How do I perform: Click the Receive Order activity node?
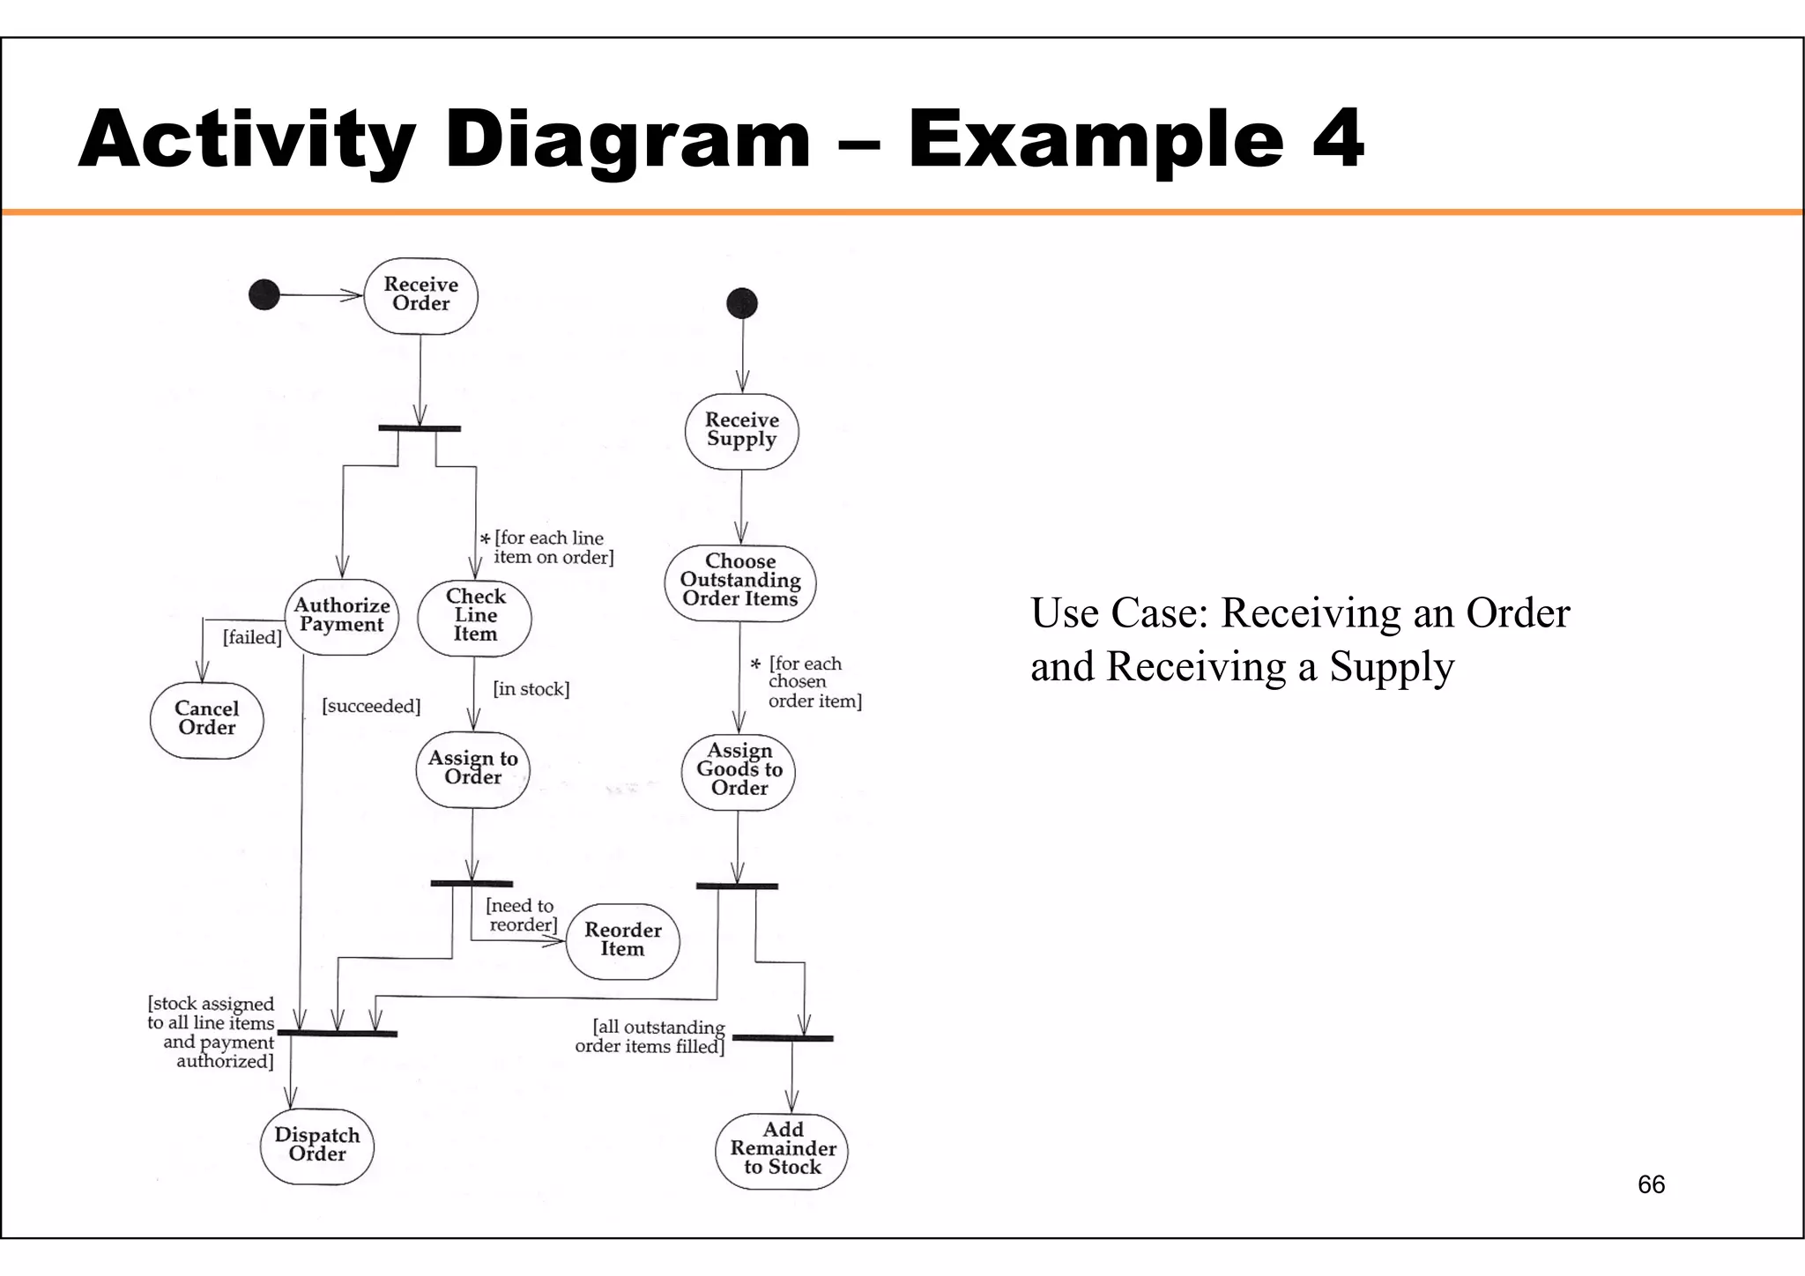(x=421, y=295)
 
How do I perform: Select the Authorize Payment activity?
(x=342, y=616)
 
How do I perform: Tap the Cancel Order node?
(x=207, y=719)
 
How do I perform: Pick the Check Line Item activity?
(x=475, y=616)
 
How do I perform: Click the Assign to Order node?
(x=472, y=768)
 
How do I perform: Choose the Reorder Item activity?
(x=622, y=940)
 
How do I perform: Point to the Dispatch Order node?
(x=317, y=1145)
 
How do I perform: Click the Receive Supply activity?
(x=741, y=430)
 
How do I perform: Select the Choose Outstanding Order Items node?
(x=740, y=582)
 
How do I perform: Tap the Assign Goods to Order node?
(x=739, y=770)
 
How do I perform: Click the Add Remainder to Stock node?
(x=782, y=1149)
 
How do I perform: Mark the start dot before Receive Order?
(x=264, y=294)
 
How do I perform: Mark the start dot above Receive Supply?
(x=742, y=303)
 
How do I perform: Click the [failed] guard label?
(x=252, y=637)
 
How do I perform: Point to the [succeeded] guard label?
(x=371, y=707)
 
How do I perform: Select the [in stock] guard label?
(x=531, y=689)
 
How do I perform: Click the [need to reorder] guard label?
(x=522, y=916)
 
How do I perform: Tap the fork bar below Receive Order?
(x=420, y=428)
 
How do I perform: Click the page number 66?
(x=1651, y=1184)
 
